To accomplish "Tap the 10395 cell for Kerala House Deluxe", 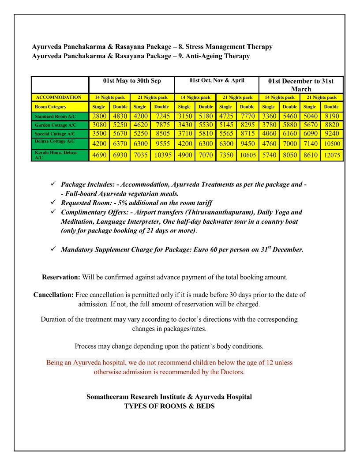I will pos(162,156).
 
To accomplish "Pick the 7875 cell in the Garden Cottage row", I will pos(162,125).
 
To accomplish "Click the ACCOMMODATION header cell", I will pos(59,97).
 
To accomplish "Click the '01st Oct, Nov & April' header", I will pos(216,81).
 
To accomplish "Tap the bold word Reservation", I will pos(60,278).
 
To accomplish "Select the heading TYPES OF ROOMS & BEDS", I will pos(169,406).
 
